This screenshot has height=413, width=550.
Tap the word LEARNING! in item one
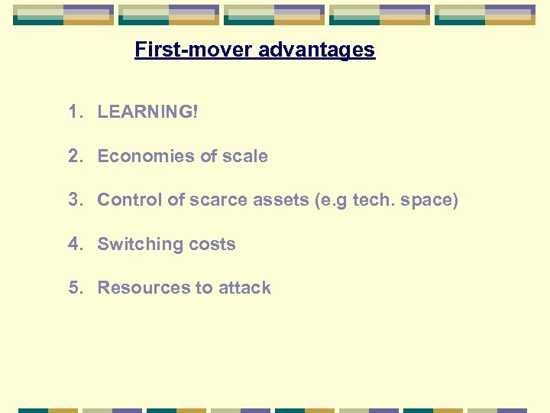pos(147,112)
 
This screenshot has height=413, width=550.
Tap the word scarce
pos(215,200)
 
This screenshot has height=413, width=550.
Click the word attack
pos(244,288)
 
